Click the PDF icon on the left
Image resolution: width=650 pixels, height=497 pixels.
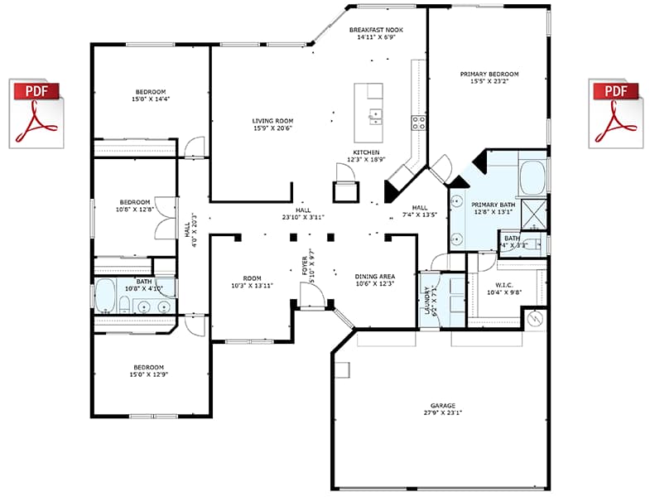(x=36, y=114)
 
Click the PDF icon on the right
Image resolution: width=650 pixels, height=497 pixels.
(x=616, y=114)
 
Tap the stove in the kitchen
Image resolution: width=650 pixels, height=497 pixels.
(x=419, y=123)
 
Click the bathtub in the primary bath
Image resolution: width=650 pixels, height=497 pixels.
(x=532, y=176)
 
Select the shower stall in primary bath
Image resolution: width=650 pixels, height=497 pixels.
(x=533, y=215)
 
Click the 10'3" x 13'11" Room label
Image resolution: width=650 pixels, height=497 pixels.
(x=252, y=282)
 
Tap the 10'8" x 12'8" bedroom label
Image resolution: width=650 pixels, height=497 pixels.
(x=134, y=205)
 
